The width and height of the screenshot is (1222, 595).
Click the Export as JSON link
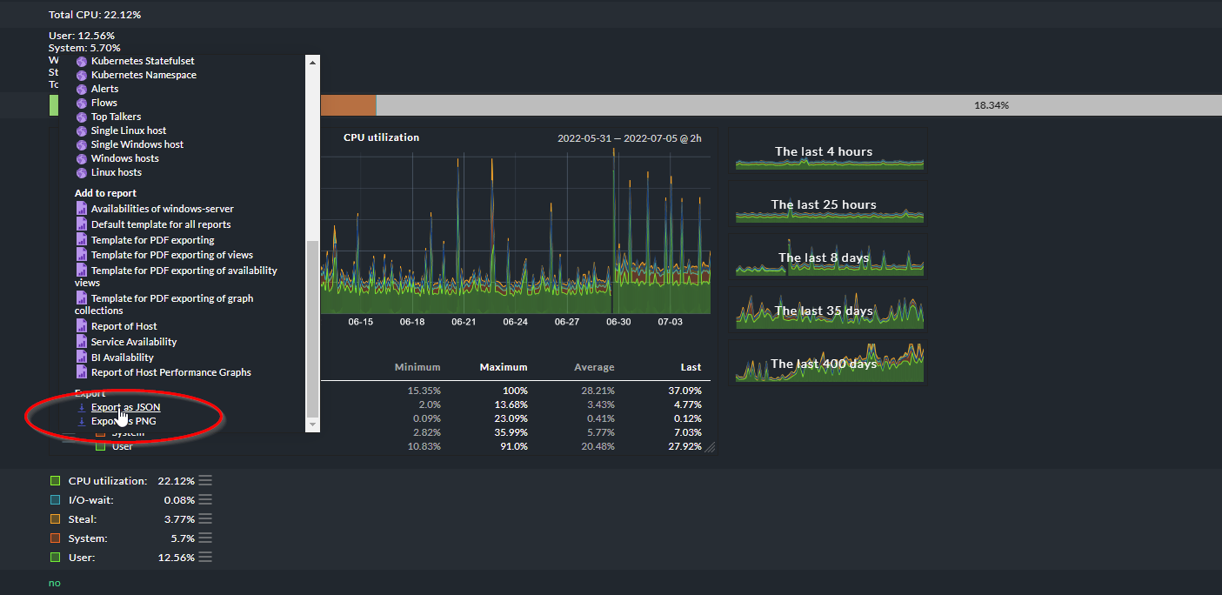[125, 407]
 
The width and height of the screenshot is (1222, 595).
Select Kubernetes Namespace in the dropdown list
[143, 75]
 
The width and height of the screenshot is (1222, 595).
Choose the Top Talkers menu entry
[116, 117]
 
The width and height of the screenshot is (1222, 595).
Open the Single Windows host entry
[137, 144]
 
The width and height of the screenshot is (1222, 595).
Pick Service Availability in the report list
[133, 342]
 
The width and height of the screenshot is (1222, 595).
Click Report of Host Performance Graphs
[170, 372]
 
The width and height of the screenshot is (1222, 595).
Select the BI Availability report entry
[122, 358]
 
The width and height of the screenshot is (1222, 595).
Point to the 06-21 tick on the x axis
[464, 322]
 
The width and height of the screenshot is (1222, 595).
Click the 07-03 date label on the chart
[670, 322]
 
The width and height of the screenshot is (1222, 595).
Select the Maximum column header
[503, 367]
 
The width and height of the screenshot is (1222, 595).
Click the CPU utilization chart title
[381, 137]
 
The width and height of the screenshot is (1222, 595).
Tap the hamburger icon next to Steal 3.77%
[205, 519]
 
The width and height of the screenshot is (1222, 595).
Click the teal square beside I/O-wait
[55, 500]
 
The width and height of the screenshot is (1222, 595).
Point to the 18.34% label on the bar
[991, 105]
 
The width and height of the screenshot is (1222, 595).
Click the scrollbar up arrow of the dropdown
[313, 61]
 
